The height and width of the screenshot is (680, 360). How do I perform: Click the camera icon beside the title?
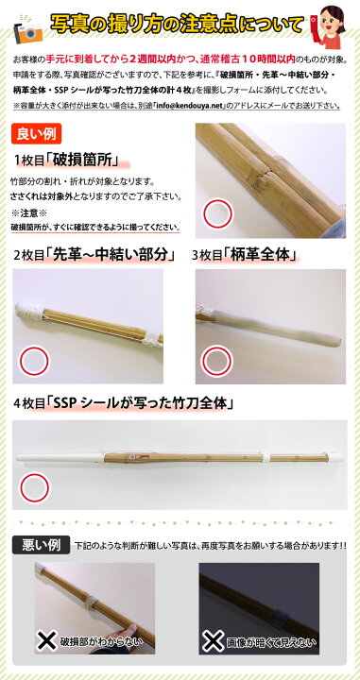[28, 30]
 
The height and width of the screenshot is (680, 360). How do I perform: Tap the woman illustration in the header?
[331, 26]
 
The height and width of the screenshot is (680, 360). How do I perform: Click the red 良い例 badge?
[36, 134]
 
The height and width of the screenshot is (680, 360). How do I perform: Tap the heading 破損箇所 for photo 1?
[86, 161]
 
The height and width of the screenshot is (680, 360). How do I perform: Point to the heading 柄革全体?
[260, 255]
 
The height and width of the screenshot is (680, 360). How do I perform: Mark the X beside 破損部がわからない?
[47, 640]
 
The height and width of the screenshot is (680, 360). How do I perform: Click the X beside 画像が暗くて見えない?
[213, 640]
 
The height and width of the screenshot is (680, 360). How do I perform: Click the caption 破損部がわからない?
[101, 641]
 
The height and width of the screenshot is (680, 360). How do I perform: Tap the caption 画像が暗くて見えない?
[271, 641]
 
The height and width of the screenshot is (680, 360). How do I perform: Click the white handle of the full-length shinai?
[60, 457]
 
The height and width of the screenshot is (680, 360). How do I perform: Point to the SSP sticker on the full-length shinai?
[138, 456]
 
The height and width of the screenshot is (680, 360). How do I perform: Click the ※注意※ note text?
[28, 212]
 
